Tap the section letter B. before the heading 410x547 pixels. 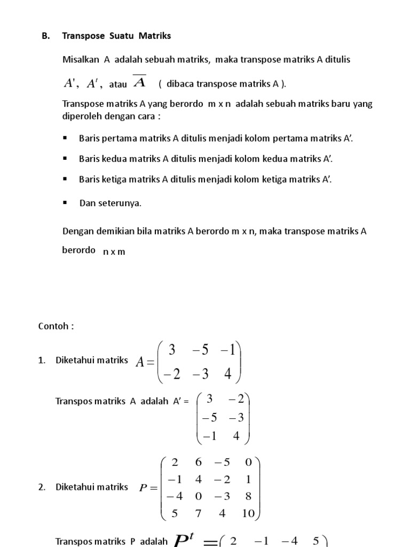(45, 36)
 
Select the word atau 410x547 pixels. (117, 84)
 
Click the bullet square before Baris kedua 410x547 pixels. (65, 158)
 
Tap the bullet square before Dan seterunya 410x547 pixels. (65, 202)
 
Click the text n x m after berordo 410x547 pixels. (114, 252)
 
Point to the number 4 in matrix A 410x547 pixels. (228, 374)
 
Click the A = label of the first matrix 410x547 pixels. (145, 362)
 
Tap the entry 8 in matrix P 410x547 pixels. (248, 496)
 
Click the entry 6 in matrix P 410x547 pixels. (199, 462)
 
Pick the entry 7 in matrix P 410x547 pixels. (199, 513)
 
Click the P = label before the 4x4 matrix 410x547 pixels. (148, 487)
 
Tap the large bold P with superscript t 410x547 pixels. (184, 540)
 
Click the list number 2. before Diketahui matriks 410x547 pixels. (42, 487)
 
